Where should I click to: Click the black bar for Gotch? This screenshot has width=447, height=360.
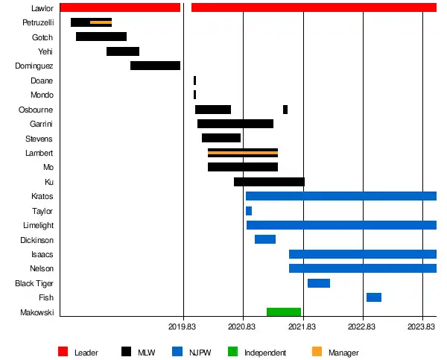tap(101, 37)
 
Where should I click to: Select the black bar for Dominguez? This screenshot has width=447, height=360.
tap(155, 66)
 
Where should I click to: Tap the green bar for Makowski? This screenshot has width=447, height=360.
tap(284, 312)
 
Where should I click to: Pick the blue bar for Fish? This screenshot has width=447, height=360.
tap(374, 297)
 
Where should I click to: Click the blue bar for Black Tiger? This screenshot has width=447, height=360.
tap(319, 283)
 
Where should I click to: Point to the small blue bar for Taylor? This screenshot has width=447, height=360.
tap(249, 211)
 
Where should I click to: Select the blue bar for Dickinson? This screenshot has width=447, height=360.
tap(265, 239)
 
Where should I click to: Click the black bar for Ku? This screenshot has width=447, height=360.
tap(269, 182)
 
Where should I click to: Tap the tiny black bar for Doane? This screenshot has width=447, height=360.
tap(194, 80)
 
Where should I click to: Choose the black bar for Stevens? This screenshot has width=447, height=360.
tap(221, 138)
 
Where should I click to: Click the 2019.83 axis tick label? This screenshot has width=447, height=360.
tap(183, 326)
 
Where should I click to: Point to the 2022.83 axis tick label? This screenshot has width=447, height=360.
tap(363, 326)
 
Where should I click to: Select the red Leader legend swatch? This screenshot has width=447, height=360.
tap(63, 352)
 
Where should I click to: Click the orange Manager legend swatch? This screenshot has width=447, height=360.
tap(317, 352)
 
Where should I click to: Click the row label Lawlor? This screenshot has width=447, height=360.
tap(42, 8)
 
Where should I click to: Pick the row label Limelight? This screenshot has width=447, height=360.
tap(38, 225)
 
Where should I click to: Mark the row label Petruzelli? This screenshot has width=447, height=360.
tap(38, 22)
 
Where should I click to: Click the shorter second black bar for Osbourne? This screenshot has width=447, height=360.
tap(285, 110)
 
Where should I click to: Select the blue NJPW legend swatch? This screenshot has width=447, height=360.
tap(177, 352)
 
